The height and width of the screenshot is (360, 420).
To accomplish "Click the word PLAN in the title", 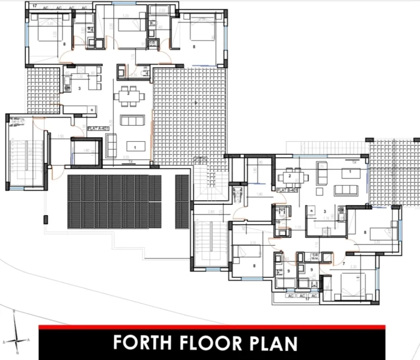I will click(273, 343).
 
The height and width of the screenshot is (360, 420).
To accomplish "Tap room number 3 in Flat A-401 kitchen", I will click(80, 88).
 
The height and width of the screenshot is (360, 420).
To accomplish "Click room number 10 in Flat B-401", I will click(278, 222).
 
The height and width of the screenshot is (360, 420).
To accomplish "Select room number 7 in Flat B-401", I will click(343, 264).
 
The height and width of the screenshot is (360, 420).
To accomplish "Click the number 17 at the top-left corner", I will click(34, 6).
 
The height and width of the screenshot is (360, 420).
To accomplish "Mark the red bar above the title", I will click(212, 327).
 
